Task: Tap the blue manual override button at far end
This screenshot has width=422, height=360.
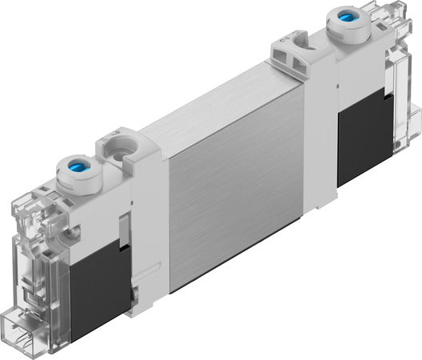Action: pyautogui.click(x=348, y=17)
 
